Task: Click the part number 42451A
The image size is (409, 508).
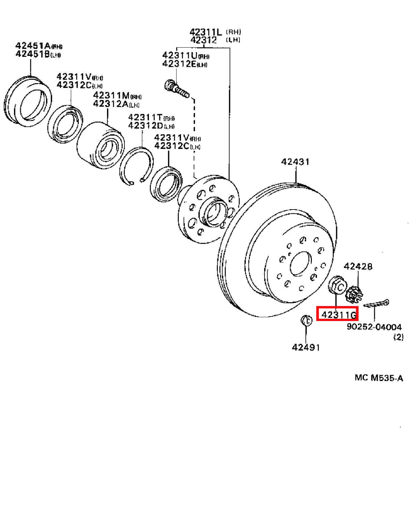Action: pyautogui.click(x=33, y=45)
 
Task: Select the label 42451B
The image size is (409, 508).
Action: pyautogui.click(x=33, y=54)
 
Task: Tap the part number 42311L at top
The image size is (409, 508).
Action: pyautogui.click(x=206, y=32)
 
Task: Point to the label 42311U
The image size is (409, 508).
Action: pyautogui.click(x=180, y=55)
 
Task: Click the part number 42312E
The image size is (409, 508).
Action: pyautogui.click(x=179, y=64)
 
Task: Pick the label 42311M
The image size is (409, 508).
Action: pyautogui.click(x=111, y=95)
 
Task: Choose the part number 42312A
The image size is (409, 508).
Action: pyautogui.click(x=111, y=104)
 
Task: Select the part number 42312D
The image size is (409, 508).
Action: pyautogui.click(x=146, y=125)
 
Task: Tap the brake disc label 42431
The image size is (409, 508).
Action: pyautogui.click(x=295, y=162)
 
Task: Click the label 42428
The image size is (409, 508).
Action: pyautogui.click(x=358, y=266)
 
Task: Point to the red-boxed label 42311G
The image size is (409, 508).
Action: pyautogui.click(x=339, y=315)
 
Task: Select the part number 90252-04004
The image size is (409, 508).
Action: pyautogui.click(x=374, y=327)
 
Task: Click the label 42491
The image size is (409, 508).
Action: pyautogui.click(x=306, y=348)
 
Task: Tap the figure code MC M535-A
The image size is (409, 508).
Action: pyautogui.click(x=379, y=378)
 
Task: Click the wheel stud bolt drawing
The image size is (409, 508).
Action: pyautogui.click(x=177, y=89)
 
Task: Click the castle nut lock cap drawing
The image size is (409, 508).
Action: pyautogui.click(x=354, y=294)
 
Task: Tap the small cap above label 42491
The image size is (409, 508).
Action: pyautogui.click(x=306, y=321)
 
